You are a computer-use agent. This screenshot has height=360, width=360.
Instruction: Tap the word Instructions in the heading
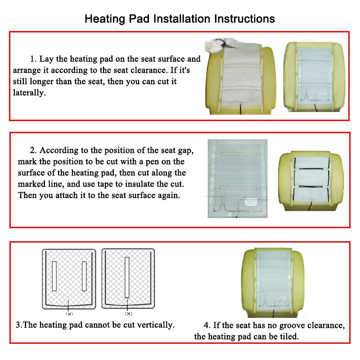coord(244,19)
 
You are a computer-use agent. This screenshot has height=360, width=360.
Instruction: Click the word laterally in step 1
coord(29,93)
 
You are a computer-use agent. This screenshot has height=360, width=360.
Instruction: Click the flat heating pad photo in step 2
coord(237,178)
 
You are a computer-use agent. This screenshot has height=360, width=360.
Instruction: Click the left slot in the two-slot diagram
coord(54,275)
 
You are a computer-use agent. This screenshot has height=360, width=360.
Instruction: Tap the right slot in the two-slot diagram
coord(84,275)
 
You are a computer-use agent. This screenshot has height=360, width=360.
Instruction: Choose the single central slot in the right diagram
coord(128,276)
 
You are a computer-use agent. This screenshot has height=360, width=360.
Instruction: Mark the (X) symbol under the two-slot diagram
coord(69,313)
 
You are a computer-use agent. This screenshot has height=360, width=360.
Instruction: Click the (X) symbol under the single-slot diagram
coord(129,313)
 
